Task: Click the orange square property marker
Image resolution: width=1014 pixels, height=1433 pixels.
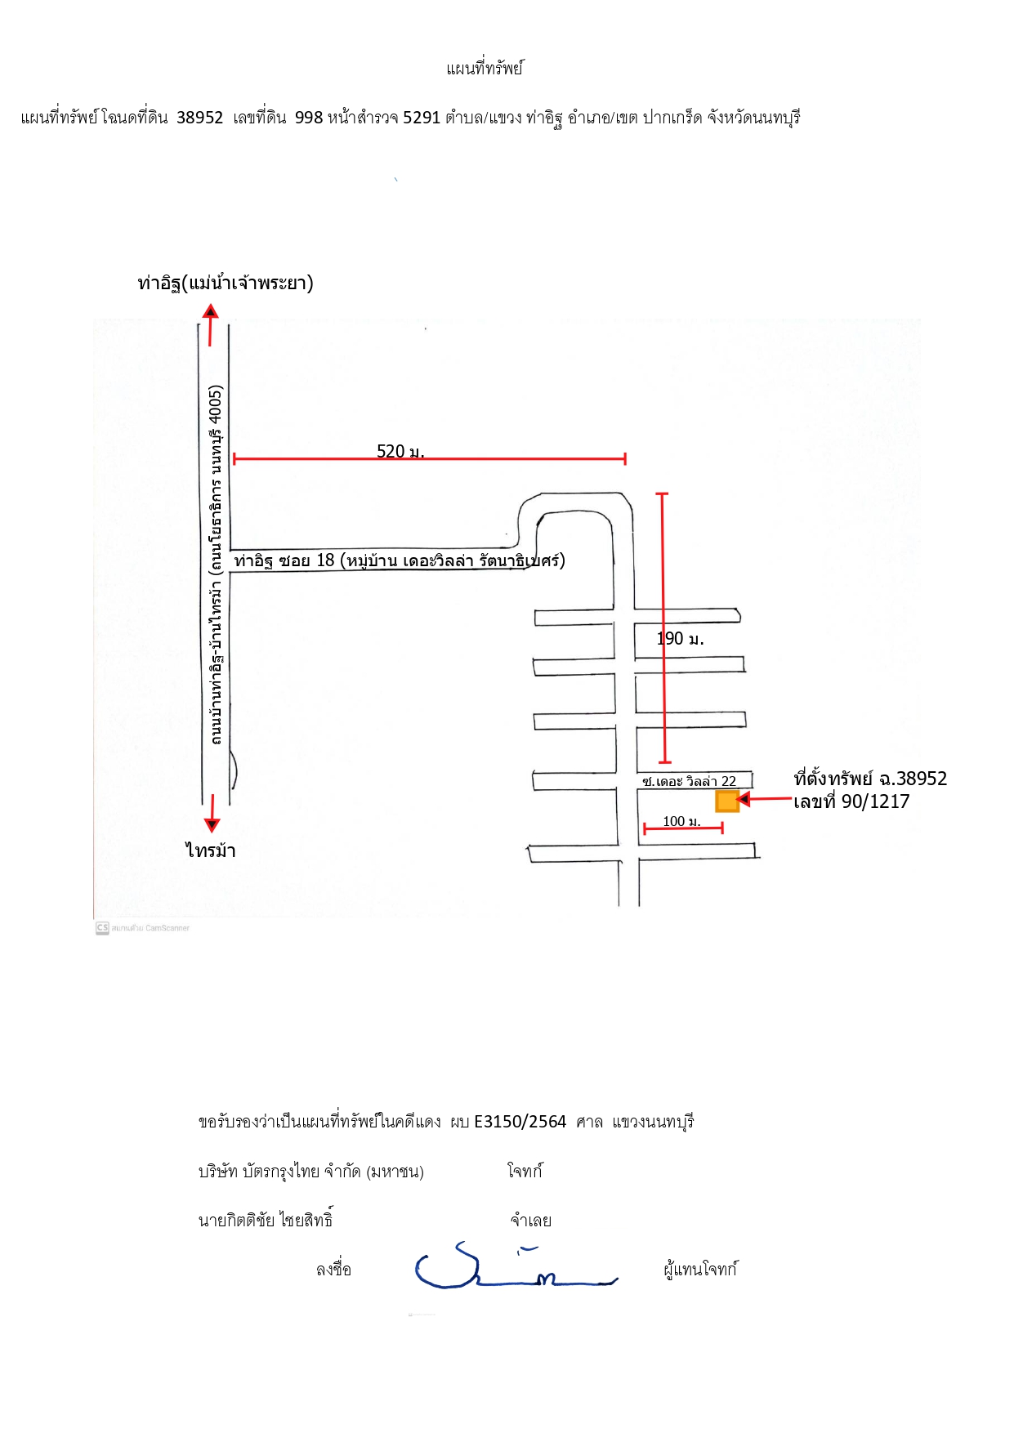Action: point(727,801)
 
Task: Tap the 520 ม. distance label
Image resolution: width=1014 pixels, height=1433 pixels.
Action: point(400,451)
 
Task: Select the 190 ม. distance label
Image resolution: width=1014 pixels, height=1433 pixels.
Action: point(681,639)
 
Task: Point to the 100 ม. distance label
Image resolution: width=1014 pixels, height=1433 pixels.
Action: point(681,821)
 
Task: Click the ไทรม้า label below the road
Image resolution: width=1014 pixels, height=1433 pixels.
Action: point(211,850)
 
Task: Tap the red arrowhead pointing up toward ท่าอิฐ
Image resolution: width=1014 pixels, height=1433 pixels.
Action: point(211,310)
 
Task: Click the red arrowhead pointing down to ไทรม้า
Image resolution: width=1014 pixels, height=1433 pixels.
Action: point(212,824)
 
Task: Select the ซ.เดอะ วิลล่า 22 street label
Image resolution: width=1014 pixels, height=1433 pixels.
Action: point(689,781)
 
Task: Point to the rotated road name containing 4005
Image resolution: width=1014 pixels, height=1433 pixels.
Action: point(216,565)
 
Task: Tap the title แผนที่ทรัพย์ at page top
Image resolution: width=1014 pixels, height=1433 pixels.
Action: point(485,68)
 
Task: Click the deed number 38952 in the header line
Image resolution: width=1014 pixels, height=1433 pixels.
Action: point(199,118)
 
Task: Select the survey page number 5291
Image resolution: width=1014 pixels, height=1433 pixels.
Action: point(422,118)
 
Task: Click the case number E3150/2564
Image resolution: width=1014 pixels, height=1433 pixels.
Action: point(520,1122)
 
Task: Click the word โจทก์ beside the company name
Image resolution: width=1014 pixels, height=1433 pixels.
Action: point(525,1171)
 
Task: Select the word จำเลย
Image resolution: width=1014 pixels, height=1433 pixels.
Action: point(531,1221)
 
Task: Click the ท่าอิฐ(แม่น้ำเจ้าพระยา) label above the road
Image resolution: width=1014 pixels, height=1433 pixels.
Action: point(226,283)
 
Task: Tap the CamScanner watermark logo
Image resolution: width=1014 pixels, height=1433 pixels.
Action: point(102,928)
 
